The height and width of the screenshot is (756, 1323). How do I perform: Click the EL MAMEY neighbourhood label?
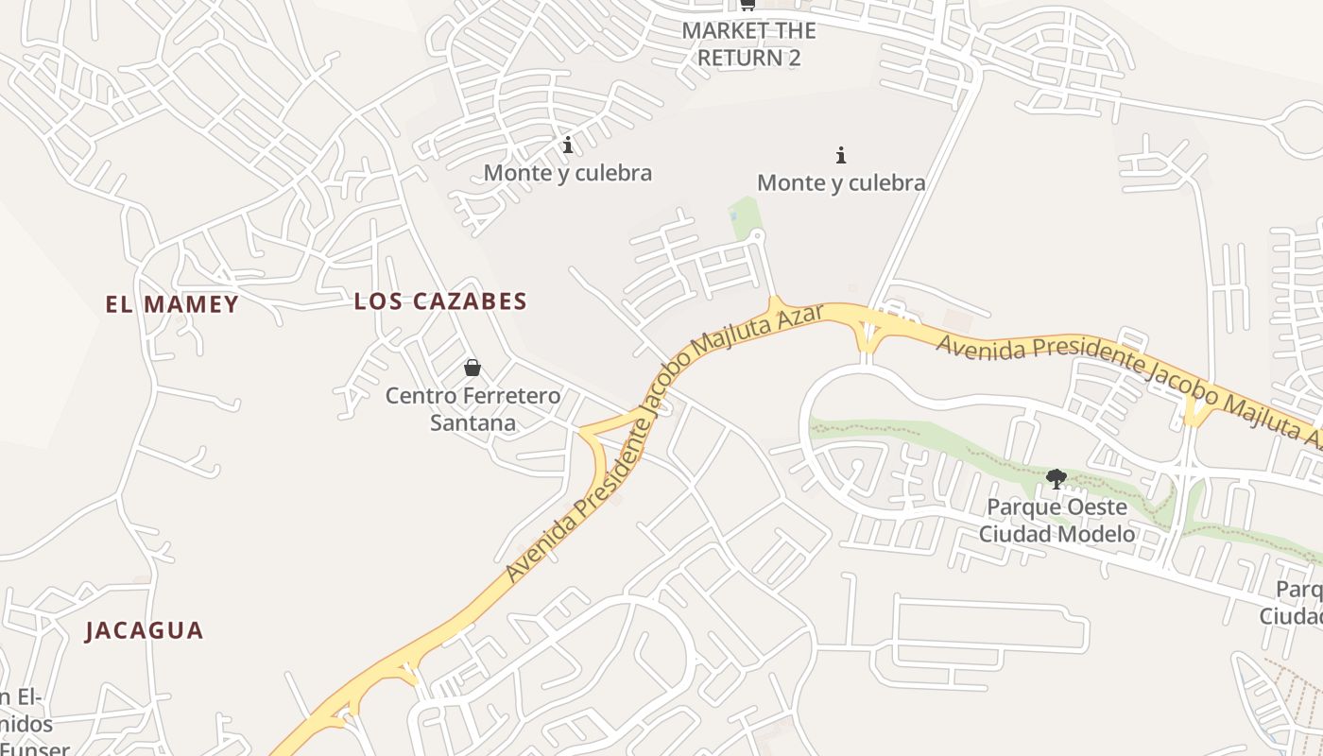tap(172, 304)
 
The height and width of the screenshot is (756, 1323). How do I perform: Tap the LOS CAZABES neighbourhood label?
tap(440, 301)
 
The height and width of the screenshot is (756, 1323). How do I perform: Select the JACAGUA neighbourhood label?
tap(145, 630)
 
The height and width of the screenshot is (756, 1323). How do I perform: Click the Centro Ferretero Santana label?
tap(472, 408)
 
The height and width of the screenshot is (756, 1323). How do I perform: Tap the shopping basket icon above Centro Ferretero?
tap(472, 368)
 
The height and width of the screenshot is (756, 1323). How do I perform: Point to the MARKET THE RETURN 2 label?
tap(748, 43)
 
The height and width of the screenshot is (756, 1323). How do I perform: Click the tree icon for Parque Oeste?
tap(1057, 479)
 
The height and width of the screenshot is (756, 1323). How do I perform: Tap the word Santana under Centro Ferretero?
tap(472, 422)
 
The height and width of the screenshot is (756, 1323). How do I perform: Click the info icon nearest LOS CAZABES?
tap(568, 145)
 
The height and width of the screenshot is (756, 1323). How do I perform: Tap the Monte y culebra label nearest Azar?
tap(841, 182)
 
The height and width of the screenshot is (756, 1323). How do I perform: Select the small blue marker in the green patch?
tap(733, 216)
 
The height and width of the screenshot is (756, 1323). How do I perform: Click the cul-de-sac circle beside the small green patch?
tap(756, 235)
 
